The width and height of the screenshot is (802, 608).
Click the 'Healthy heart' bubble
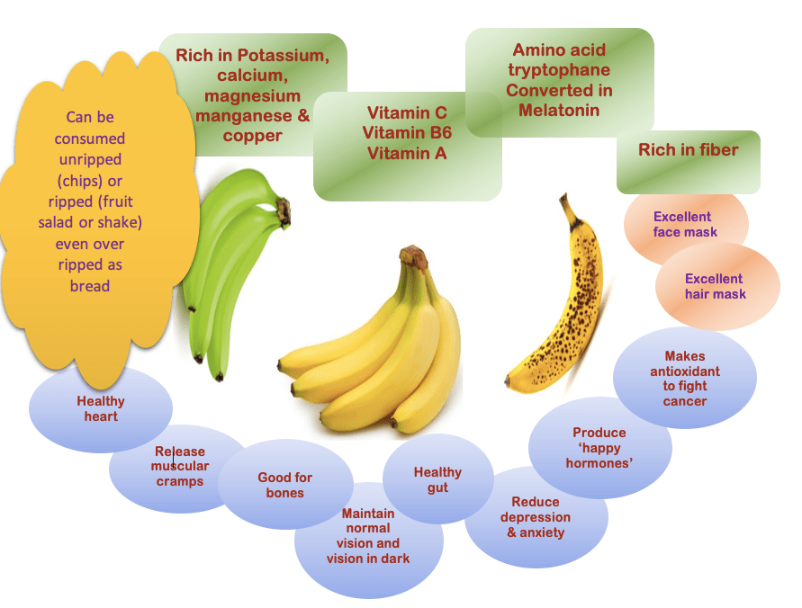click(101, 408)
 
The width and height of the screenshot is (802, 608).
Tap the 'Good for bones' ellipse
click(285, 485)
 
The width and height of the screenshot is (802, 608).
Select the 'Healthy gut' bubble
click(437, 478)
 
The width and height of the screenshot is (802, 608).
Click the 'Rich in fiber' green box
click(689, 162)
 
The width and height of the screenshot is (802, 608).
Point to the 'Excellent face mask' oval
click(685, 225)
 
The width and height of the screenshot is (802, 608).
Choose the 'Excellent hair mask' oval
click(717, 286)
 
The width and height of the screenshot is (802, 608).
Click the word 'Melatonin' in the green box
click(559, 111)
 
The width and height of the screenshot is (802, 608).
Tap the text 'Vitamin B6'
click(407, 133)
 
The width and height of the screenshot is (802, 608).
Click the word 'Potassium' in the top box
click(283, 55)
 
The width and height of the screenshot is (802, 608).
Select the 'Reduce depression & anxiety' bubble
click(536, 517)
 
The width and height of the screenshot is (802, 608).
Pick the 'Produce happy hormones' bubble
click(599, 448)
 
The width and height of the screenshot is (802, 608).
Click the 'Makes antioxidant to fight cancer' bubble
click(685, 379)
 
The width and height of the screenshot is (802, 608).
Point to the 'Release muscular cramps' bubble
click(179, 468)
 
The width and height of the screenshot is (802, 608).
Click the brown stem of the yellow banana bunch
click(413, 257)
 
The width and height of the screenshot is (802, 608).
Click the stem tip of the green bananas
click(283, 210)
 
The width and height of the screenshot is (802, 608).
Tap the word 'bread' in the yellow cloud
click(90, 286)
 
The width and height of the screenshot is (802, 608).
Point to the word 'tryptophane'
click(559, 70)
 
